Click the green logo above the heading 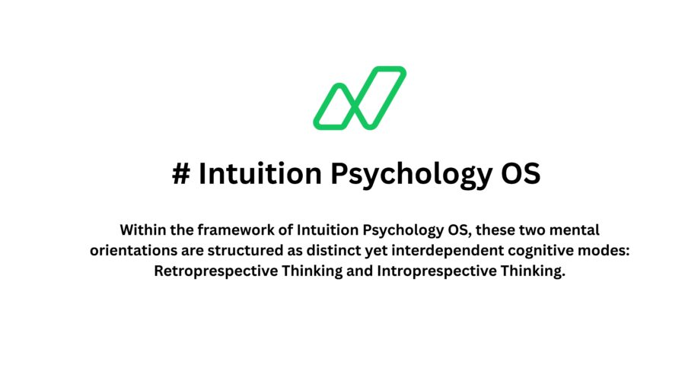point(359,97)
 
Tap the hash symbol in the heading point(180,174)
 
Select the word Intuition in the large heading point(259,174)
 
